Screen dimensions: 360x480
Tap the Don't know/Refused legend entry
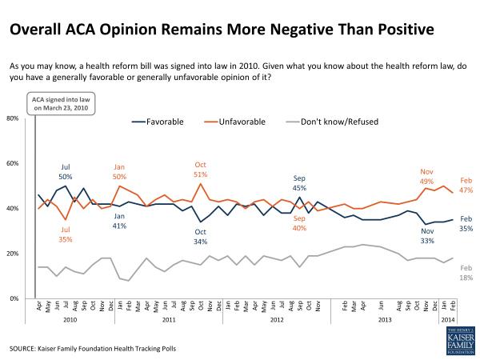pyautogui.click(x=341, y=122)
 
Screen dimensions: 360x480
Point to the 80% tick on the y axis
pyautogui.click(x=14, y=118)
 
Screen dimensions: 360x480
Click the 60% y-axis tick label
pyautogui.click(x=14, y=163)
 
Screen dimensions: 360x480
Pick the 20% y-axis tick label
pyautogui.click(x=14, y=253)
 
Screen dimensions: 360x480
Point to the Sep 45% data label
pyautogui.click(x=299, y=184)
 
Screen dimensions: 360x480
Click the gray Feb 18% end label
pyautogui.click(x=465, y=272)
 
